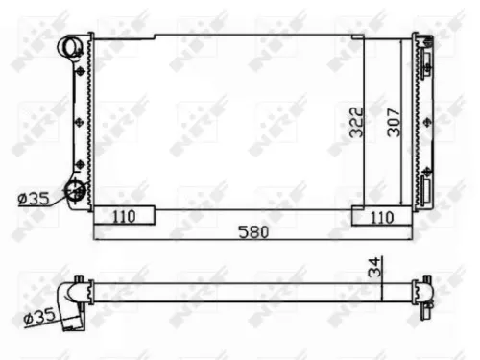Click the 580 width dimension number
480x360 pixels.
[253, 231]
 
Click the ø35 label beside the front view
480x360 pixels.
[35, 199]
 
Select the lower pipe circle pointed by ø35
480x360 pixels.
[73, 190]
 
